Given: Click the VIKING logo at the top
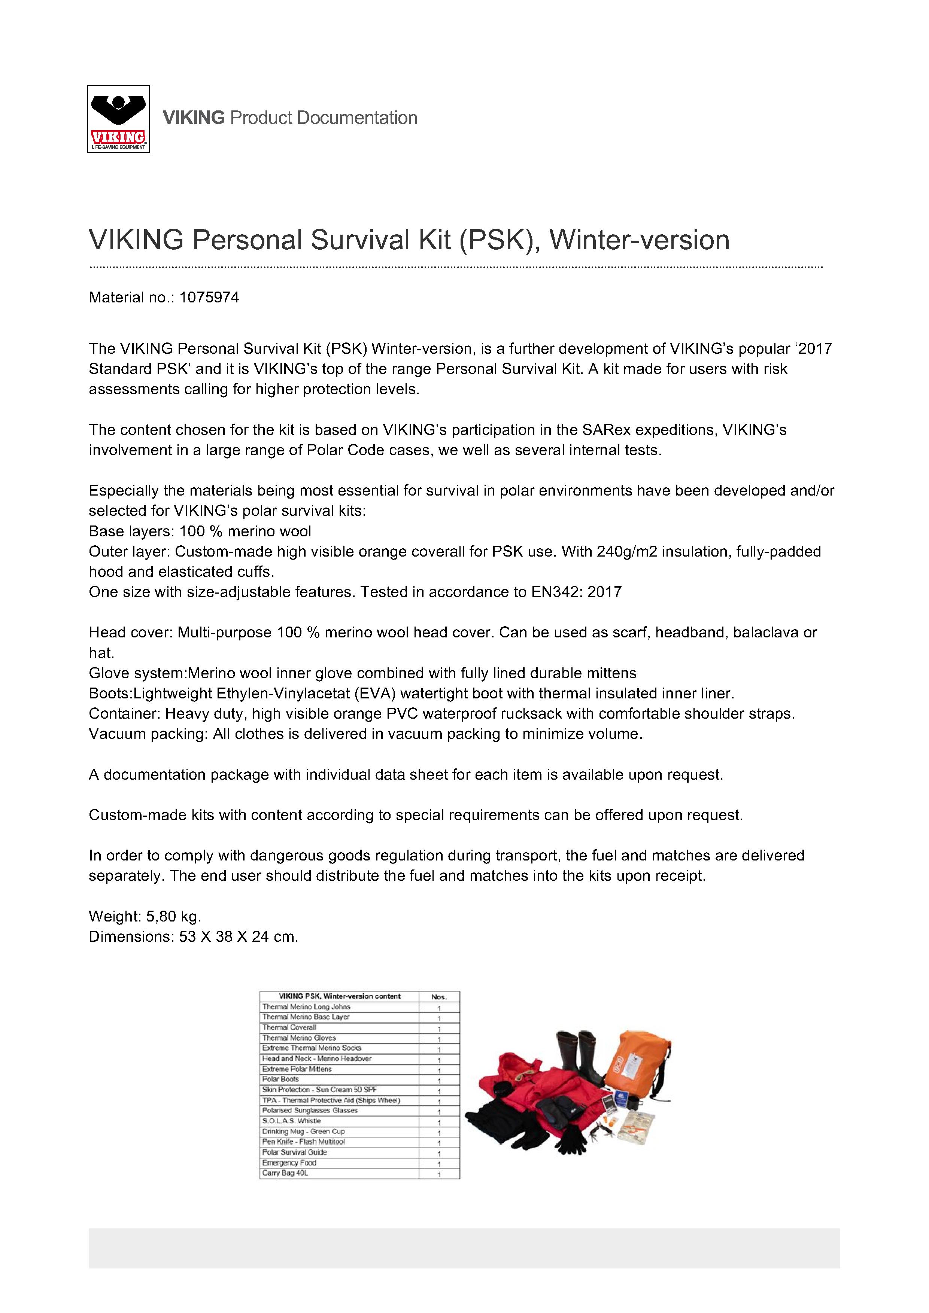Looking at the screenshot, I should (x=118, y=119).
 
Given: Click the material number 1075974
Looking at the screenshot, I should (x=209, y=297).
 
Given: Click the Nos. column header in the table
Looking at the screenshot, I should (x=439, y=997).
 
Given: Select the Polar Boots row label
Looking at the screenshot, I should (x=281, y=1079).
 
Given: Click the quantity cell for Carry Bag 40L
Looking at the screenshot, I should (x=439, y=1174).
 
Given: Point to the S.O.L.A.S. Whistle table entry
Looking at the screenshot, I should (x=291, y=1121).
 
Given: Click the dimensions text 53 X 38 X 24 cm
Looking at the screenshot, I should (x=238, y=937).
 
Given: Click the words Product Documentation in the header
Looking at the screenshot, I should (x=323, y=118).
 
